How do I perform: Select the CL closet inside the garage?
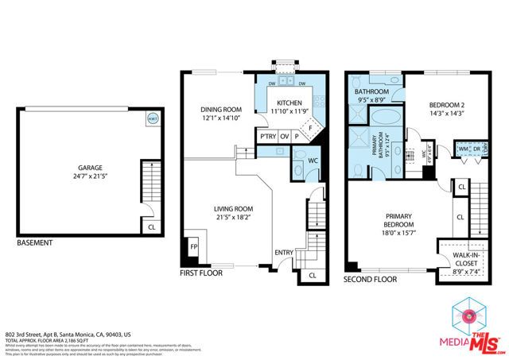pos(151,226)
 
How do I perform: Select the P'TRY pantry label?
pos(267,137)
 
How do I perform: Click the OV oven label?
pos(284,137)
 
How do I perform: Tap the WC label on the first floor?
pos(313,160)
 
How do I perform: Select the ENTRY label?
pos(283,253)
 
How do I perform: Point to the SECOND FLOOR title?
pos(371,280)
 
